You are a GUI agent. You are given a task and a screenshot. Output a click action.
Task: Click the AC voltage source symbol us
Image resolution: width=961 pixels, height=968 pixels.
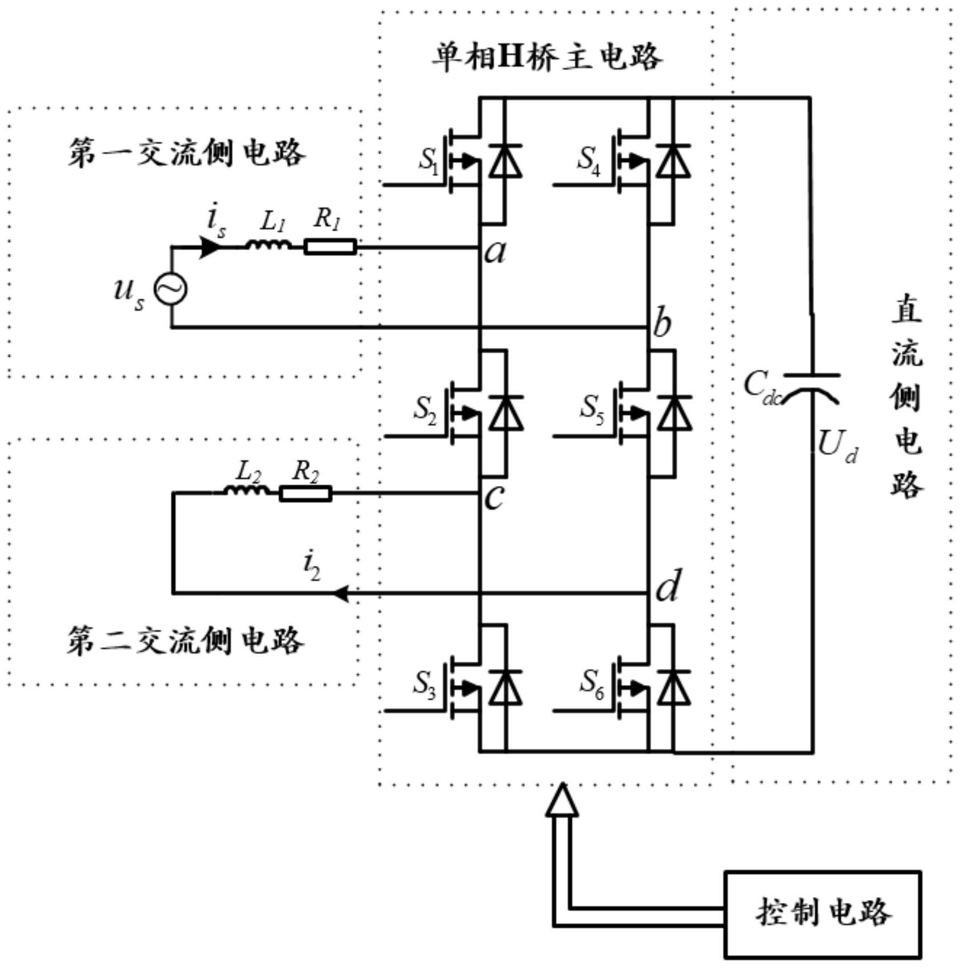click(171, 289)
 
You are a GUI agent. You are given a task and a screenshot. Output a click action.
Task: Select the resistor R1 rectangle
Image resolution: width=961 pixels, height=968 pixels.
click(330, 247)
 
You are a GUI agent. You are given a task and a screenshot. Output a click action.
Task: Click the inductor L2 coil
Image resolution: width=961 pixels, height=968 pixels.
click(246, 491)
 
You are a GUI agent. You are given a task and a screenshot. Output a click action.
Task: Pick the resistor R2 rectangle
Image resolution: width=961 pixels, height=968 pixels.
click(305, 493)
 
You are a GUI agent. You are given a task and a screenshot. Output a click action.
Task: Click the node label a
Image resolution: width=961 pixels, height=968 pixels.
click(495, 251)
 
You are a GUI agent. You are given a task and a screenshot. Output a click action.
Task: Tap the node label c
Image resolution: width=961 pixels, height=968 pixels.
click(494, 497)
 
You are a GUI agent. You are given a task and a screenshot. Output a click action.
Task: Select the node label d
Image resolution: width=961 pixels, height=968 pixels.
click(667, 586)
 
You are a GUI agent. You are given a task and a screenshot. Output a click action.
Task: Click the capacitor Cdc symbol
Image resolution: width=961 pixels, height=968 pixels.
click(811, 386)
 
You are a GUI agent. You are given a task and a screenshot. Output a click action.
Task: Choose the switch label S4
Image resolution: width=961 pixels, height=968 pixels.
click(588, 160)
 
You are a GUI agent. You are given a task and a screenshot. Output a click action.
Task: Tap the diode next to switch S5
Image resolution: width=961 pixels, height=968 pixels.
click(675, 413)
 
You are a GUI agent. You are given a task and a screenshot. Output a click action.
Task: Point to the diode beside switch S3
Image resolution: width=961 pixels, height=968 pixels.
click(505, 687)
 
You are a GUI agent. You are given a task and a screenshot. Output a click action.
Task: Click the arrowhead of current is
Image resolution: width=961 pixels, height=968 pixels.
click(210, 247)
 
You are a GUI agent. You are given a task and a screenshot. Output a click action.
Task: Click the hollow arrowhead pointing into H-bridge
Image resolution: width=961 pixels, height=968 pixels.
click(562, 801)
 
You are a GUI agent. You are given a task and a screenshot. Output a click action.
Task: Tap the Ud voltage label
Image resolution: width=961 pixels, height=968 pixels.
click(837, 446)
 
